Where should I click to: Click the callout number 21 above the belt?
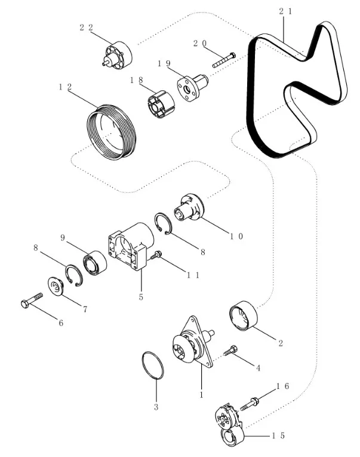pos(285,11)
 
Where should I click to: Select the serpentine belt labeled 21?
pos(251,96)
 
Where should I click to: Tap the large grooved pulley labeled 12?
pos(111,132)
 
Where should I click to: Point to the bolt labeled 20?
pos(224,60)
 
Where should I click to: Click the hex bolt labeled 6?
pos(32,300)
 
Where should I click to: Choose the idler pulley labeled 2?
pos(244,316)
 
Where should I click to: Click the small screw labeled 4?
pos(230,350)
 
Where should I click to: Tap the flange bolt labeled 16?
pos(250,404)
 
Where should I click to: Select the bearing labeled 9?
pos(95,263)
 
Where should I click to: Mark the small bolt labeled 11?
pos(156,255)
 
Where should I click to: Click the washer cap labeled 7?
pos(56,286)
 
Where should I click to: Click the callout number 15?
pos(278,435)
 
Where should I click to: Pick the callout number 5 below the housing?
pos(141,297)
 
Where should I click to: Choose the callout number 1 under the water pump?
pos(201,395)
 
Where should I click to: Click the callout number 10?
pos(236,236)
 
